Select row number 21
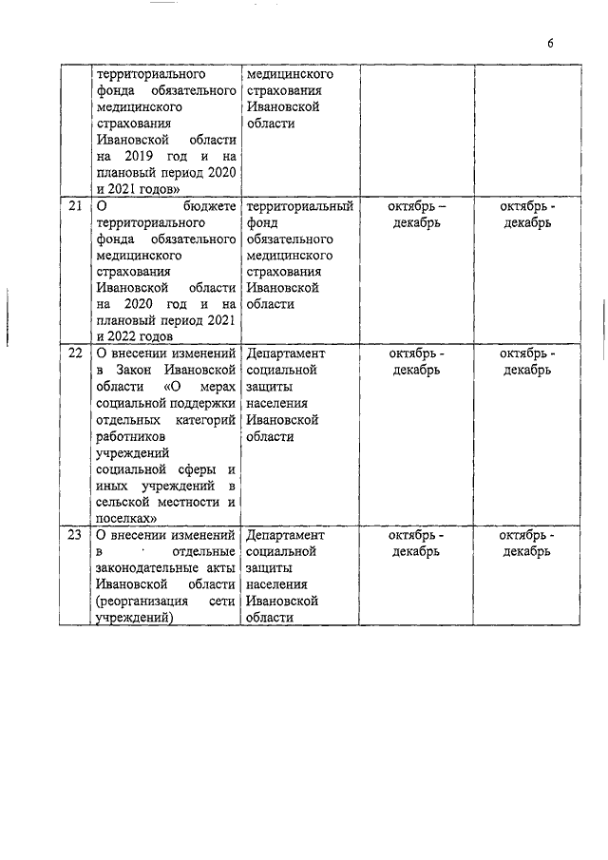pyautogui.click(x=73, y=206)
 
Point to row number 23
pyautogui.click(x=73, y=535)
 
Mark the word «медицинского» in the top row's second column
pyautogui.click(x=289, y=73)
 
